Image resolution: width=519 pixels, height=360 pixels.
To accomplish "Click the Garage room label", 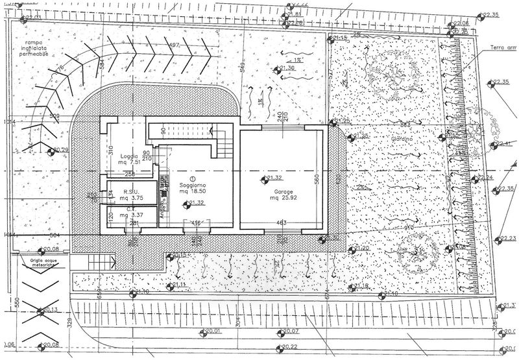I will point(284,193).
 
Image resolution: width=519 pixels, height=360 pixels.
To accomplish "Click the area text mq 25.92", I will point(284,200).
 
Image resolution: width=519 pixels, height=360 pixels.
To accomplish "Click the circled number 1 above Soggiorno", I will point(192,178).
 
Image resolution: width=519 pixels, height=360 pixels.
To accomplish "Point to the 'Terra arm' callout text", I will point(503,47).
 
